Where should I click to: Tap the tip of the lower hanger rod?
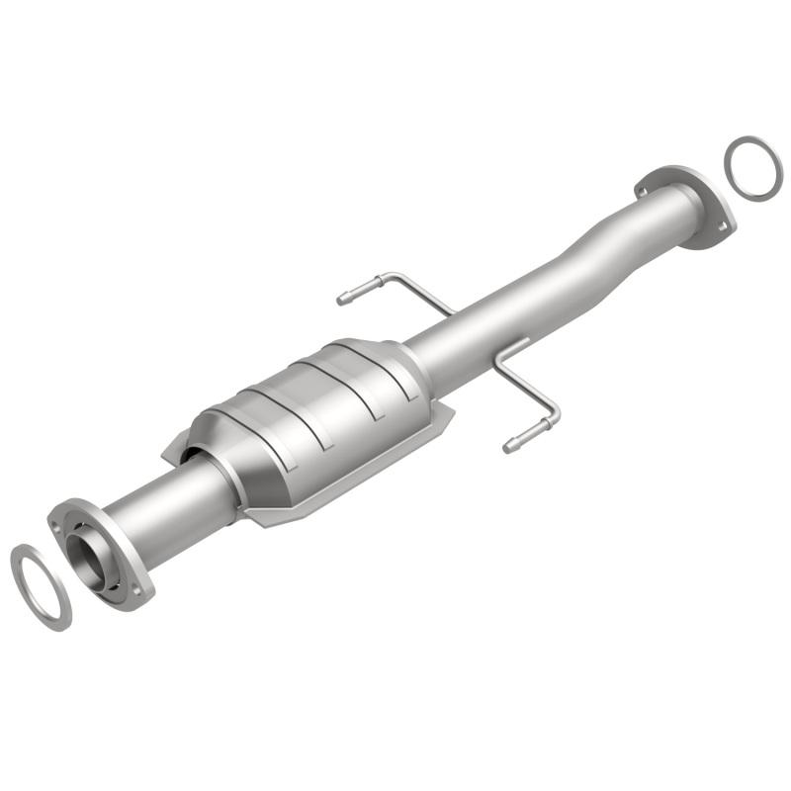[x=509, y=448]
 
